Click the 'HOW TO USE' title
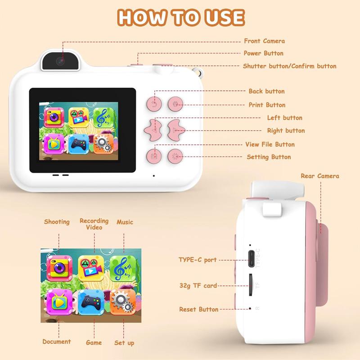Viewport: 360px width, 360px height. pyautogui.click(x=181, y=17)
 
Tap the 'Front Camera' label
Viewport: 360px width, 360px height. pyautogui.click(x=264, y=41)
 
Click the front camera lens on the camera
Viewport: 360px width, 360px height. pyautogui.click(x=60, y=61)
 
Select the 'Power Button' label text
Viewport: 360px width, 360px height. pyautogui.click(x=263, y=53)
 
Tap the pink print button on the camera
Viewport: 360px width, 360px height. pyautogui.click(x=175, y=104)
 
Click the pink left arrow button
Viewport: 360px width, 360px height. pyautogui.click(x=153, y=130)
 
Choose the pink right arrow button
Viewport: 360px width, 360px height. pyautogui.click(x=176, y=130)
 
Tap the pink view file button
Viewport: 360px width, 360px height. pyautogui.click(x=154, y=156)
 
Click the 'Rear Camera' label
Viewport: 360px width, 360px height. pyautogui.click(x=320, y=176)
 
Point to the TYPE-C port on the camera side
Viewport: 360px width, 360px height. pyautogui.click(x=251, y=258)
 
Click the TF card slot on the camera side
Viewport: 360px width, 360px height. pyautogui.click(x=251, y=285)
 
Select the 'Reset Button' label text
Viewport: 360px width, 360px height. pyautogui.click(x=199, y=310)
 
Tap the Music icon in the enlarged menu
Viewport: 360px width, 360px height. pyautogui.click(x=122, y=268)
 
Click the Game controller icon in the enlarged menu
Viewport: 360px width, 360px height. pyautogui.click(x=91, y=302)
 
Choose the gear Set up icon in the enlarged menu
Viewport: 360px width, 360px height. pyautogui.click(x=123, y=302)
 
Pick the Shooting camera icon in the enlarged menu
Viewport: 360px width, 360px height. pyautogui.click(x=59, y=268)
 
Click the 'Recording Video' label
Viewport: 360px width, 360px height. pyautogui.click(x=94, y=224)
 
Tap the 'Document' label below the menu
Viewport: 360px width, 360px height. pyautogui.click(x=57, y=342)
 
